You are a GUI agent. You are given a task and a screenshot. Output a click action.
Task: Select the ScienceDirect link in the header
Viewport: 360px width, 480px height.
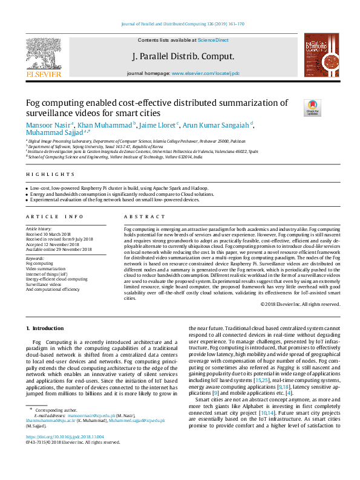(x=213, y=40)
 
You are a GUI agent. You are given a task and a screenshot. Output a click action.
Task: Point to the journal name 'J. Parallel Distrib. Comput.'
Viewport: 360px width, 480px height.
(x=183, y=56)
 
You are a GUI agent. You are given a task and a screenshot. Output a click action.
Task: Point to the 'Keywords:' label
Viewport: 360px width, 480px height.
(x=35, y=258)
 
